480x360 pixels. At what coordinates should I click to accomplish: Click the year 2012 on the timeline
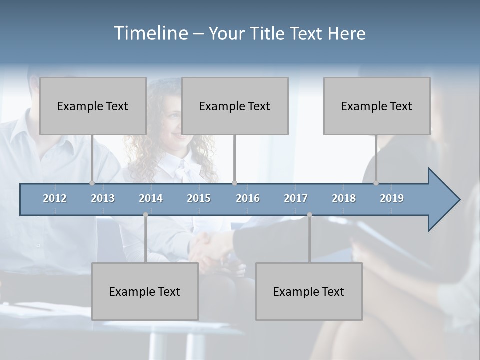tap(55, 198)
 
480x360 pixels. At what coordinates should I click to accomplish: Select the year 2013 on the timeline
tap(103, 198)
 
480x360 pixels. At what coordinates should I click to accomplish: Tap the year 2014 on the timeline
tap(151, 198)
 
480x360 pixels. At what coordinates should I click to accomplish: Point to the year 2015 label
tap(199, 198)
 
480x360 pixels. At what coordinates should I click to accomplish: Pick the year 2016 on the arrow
tap(248, 198)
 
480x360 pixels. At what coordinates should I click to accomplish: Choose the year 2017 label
tap(296, 198)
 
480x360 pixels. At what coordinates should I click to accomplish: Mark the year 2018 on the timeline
tap(344, 198)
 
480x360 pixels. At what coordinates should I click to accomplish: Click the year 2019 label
tap(392, 198)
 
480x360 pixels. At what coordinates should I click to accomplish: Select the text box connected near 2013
tap(93, 106)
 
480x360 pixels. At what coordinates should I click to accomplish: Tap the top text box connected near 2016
tap(235, 106)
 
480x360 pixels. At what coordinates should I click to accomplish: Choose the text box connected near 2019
tap(377, 106)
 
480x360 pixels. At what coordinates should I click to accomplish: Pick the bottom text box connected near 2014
tap(145, 291)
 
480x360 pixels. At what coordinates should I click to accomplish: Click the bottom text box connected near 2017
tap(309, 291)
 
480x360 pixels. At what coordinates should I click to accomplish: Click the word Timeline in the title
tap(150, 33)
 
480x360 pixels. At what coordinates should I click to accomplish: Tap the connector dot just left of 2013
tap(92, 183)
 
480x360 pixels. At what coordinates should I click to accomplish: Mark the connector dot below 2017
tap(309, 215)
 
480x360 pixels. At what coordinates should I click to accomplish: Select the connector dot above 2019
tap(376, 183)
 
